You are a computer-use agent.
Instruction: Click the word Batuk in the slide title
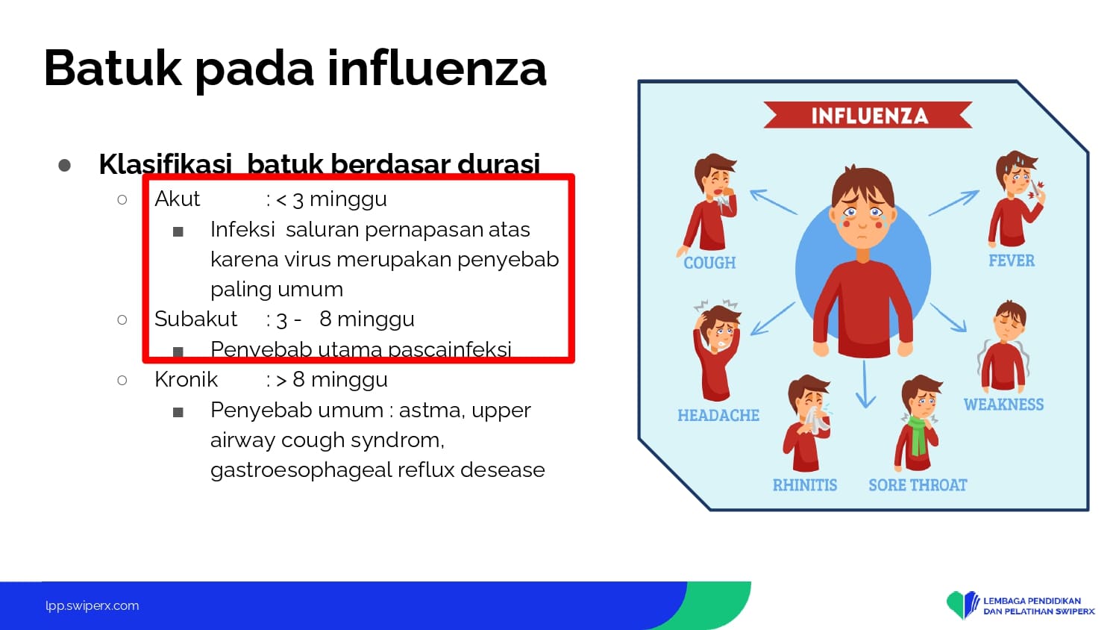click(x=113, y=69)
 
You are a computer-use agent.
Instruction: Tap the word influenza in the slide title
click(x=437, y=69)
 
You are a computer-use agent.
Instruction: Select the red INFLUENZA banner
click(x=868, y=115)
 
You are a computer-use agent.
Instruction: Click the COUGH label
click(x=709, y=263)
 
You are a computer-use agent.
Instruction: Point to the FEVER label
click(x=1012, y=261)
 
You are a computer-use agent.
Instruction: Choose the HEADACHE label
click(x=718, y=415)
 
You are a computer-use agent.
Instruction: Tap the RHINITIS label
click(x=805, y=485)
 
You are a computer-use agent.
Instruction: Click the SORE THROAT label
click(x=918, y=485)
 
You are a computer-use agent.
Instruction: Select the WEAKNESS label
click(x=1003, y=405)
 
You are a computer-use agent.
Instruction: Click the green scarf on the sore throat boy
click(x=918, y=434)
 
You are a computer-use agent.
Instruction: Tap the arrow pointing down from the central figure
click(x=865, y=384)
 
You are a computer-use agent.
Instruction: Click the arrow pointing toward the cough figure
click(x=774, y=202)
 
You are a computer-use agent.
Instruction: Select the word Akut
click(x=177, y=199)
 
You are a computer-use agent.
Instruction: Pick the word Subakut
click(x=195, y=319)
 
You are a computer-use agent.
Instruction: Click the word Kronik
click(x=186, y=379)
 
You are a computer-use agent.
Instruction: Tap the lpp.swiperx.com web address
click(x=93, y=605)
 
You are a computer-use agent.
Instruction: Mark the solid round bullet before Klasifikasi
click(x=64, y=165)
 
